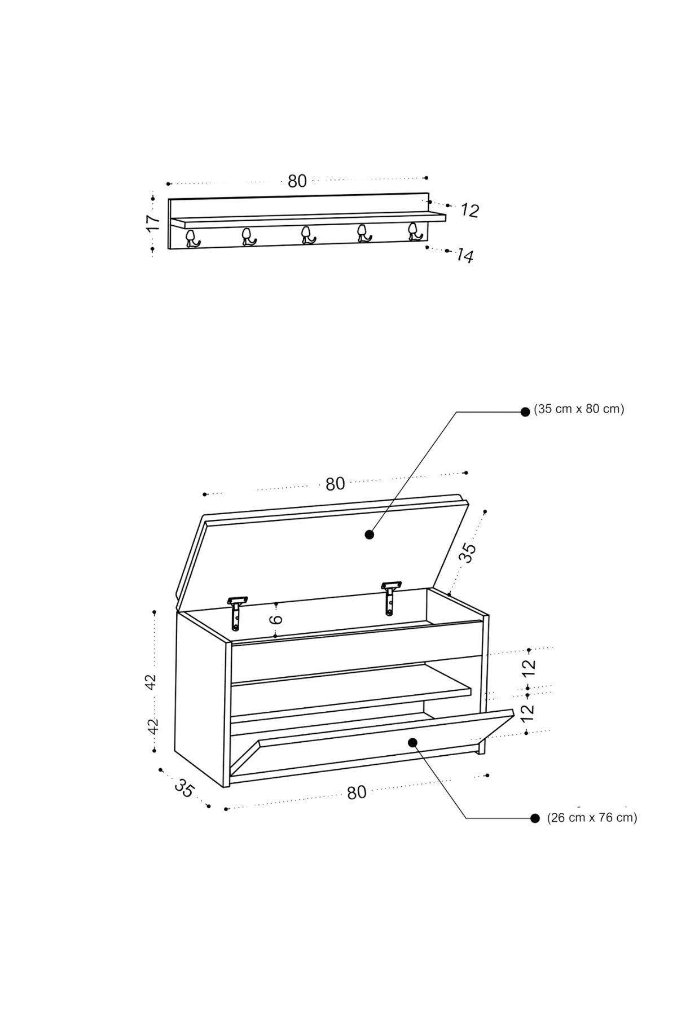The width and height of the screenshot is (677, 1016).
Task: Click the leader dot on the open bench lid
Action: point(370,534)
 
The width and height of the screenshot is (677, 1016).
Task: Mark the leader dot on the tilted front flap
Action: point(413,742)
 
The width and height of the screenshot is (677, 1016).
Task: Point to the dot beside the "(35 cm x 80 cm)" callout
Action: point(525,412)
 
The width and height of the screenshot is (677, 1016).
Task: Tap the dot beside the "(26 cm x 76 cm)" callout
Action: point(535,818)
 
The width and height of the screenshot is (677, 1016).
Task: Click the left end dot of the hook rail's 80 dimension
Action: point(168,183)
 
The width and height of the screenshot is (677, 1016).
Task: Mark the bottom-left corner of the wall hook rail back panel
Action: point(169,249)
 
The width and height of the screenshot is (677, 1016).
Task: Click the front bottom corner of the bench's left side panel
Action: point(225,787)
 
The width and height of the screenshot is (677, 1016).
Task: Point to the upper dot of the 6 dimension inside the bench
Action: point(275,605)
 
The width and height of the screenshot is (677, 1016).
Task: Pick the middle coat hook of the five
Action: point(307,235)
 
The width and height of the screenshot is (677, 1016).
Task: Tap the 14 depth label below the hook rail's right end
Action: point(465,256)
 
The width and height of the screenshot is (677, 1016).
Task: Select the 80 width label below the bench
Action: point(357,792)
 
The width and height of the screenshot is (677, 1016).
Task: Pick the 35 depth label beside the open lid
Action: point(468,553)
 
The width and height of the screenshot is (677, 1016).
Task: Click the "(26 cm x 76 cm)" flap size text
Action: point(592,817)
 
